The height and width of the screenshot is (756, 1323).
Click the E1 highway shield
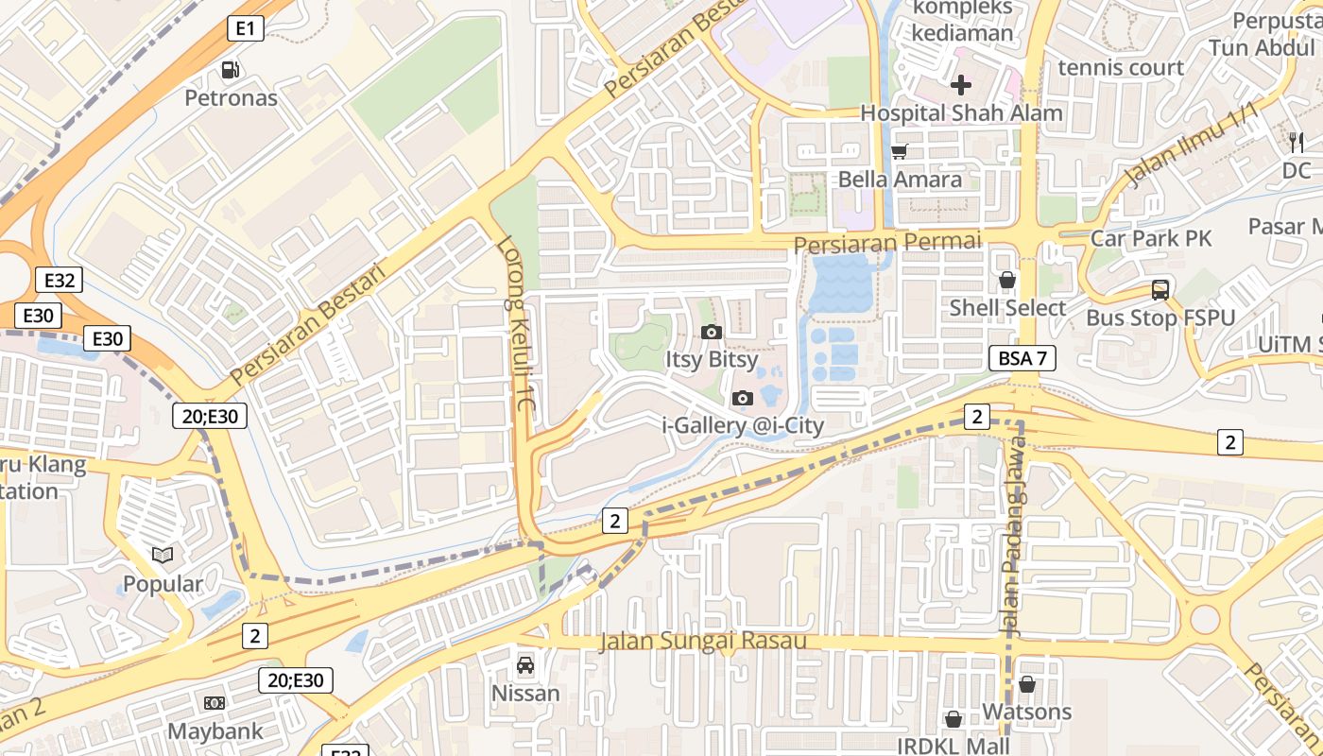[x=245, y=28]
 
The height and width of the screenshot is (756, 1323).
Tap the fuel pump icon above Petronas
[x=230, y=70]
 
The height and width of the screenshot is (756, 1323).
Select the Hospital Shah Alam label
[x=961, y=112]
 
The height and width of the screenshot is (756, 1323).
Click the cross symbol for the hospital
[x=961, y=85]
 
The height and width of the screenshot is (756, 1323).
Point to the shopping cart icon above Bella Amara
[x=899, y=151]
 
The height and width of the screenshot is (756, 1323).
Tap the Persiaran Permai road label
[x=887, y=243]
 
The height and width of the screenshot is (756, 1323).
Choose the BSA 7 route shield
[x=1022, y=358]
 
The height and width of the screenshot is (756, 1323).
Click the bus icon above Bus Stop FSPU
[x=1160, y=290]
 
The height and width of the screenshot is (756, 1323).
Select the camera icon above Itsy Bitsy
[x=712, y=332]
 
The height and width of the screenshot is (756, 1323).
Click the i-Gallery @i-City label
[x=743, y=425]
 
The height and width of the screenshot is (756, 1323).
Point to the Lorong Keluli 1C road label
[x=517, y=321]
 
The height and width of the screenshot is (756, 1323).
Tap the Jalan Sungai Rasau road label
[x=703, y=642]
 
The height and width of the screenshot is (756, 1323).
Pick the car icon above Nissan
[x=525, y=665]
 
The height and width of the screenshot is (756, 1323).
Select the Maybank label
[x=215, y=731]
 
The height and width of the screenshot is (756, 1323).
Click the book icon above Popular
[x=163, y=556]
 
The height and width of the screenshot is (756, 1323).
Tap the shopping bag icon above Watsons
[x=1027, y=684]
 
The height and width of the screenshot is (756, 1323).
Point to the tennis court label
[x=1121, y=67]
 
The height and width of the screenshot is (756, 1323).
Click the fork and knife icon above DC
[x=1297, y=143]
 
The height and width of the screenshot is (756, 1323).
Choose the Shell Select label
[x=1007, y=308]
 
